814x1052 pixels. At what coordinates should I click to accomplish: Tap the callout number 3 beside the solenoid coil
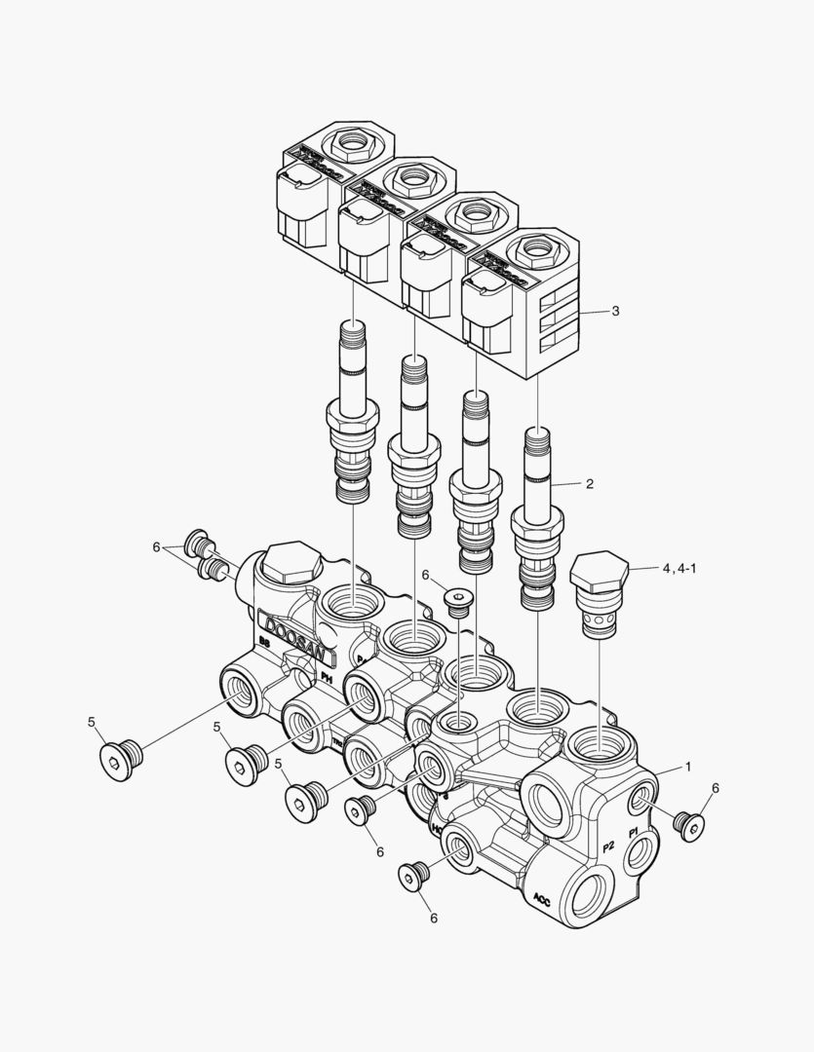[615, 311]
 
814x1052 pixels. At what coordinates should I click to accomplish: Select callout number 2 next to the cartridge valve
[589, 482]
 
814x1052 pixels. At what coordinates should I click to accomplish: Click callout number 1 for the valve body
[687, 767]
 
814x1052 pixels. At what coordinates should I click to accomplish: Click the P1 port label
[634, 833]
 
